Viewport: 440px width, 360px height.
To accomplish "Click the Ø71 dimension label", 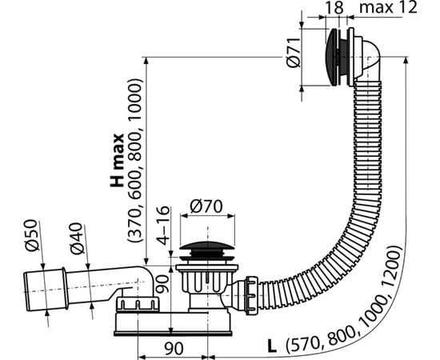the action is point(294,53).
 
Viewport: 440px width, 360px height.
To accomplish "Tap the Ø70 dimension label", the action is point(206,206).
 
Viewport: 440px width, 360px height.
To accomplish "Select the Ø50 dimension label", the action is point(31,235).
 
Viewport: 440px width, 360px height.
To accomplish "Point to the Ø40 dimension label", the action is point(77,238).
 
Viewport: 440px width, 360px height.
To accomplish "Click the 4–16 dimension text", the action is point(163,226).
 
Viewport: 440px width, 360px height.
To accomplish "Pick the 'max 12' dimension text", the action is point(388,7).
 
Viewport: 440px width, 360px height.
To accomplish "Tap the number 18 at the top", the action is point(334,7).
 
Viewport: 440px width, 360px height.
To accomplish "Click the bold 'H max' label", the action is point(117,160).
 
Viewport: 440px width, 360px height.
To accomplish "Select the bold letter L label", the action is point(272,346).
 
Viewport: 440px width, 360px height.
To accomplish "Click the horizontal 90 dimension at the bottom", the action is point(174,349).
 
